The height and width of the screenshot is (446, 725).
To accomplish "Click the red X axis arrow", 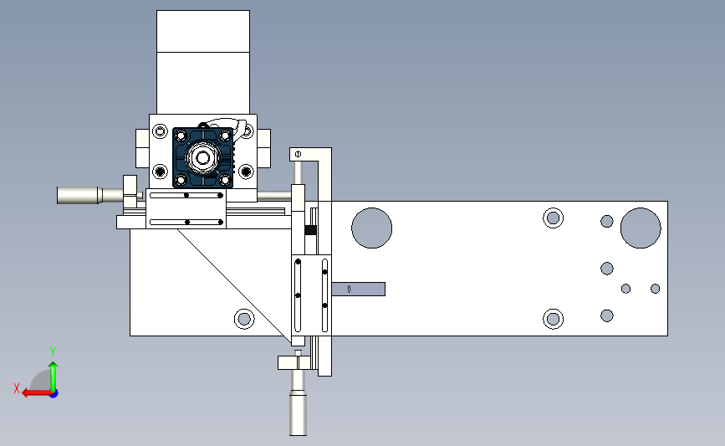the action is click(x=37, y=393).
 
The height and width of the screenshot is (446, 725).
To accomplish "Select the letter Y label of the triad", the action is click(x=53, y=352).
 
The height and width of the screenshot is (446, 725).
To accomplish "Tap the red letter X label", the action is click(x=17, y=388).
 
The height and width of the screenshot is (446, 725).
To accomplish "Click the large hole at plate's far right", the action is click(x=641, y=228).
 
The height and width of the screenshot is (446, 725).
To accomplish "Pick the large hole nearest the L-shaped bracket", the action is click(x=372, y=228).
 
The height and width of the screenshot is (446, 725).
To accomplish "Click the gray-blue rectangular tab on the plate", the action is click(x=359, y=290).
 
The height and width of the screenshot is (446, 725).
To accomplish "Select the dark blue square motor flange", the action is click(x=202, y=158).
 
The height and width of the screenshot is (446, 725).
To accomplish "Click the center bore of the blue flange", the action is click(x=202, y=158).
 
